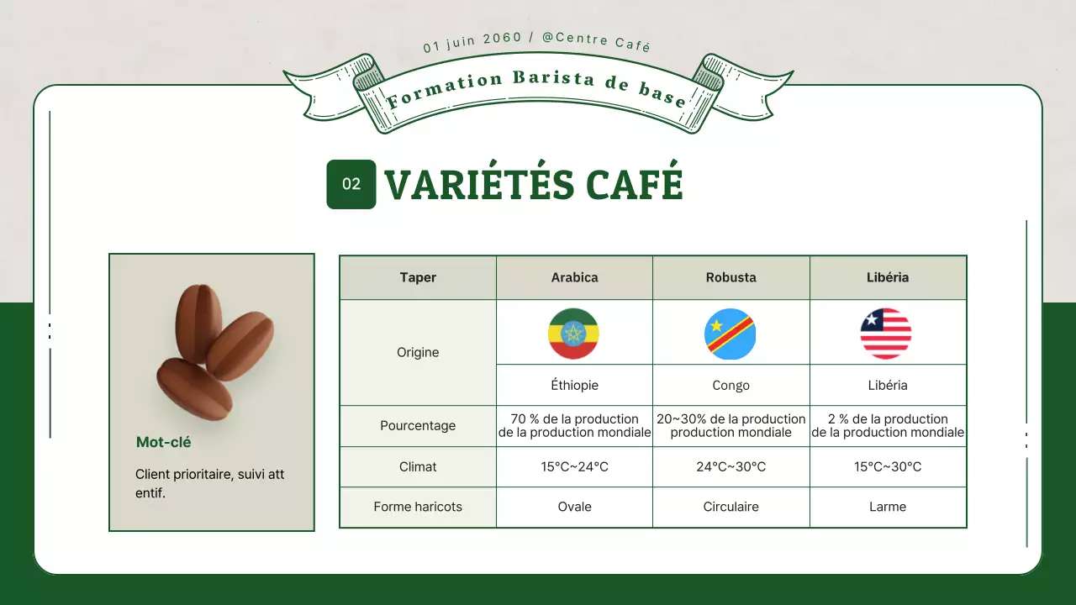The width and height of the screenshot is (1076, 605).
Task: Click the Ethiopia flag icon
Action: point(573,334)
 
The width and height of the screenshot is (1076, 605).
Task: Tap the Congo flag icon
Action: point(730,334)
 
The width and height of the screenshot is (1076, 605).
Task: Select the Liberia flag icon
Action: point(886,334)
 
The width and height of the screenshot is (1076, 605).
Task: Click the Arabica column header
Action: point(574,277)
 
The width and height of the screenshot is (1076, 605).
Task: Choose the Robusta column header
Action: point(731,277)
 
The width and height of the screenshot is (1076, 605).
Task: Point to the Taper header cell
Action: point(418,277)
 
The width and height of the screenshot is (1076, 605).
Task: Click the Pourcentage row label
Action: point(418,426)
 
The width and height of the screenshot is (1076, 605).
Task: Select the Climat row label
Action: point(418,466)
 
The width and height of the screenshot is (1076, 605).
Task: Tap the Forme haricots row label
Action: point(418,507)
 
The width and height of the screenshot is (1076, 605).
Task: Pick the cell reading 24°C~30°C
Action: point(731,466)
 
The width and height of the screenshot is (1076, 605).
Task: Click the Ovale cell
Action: point(574,507)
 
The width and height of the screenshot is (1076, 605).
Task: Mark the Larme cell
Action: point(888,507)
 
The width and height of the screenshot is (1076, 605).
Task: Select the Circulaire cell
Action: point(731,507)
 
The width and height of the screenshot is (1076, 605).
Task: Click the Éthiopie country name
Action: point(574,386)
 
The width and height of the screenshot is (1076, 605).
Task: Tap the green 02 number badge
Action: point(351,184)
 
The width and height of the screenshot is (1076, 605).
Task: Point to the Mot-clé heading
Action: point(164,442)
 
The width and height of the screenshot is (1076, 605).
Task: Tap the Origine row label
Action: point(418,352)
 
